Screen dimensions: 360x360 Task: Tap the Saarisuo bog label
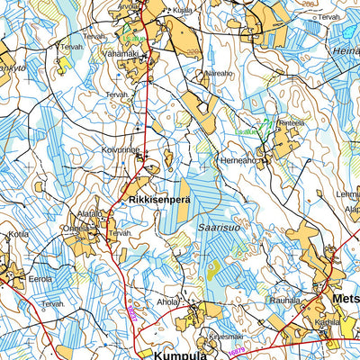tap(219, 229)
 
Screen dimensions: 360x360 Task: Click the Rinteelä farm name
tap(292, 122)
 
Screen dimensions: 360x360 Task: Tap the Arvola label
tap(130, 4)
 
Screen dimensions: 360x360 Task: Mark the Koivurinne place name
tap(121, 150)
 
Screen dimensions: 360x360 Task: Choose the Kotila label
tap(19, 235)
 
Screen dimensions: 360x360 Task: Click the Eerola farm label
tap(40, 280)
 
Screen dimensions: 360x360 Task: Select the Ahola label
tap(168, 302)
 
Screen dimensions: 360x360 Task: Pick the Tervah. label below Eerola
tap(52, 304)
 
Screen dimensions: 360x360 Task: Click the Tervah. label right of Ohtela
tap(120, 232)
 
